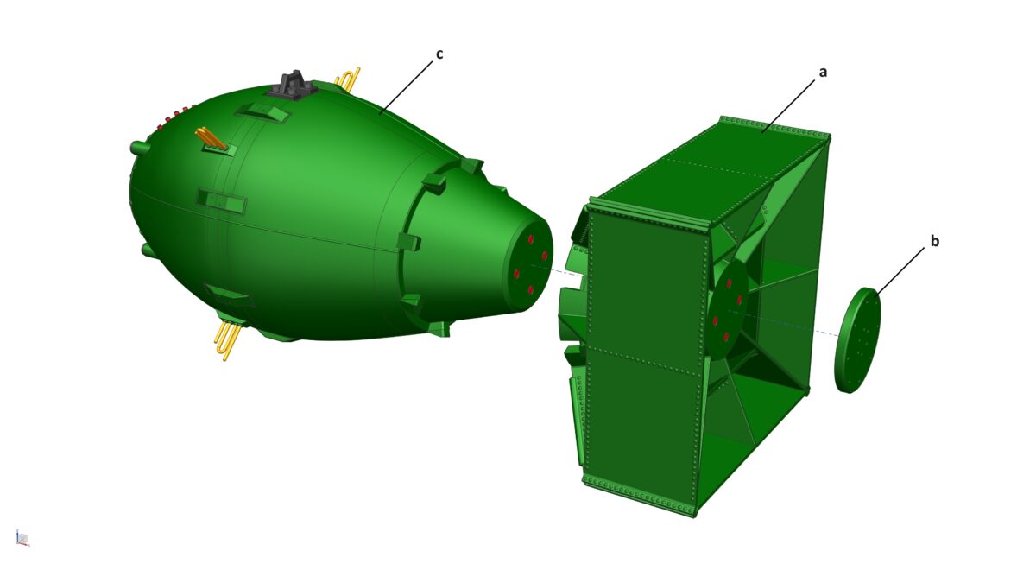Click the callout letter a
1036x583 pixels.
point(823,73)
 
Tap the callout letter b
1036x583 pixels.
point(934,242)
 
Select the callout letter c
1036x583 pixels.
point(439,54)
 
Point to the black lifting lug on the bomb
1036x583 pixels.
point(292,86)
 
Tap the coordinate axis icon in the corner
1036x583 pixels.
point(22,538)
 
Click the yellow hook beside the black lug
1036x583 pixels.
point(347,79)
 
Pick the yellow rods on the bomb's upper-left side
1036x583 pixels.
point(211,138)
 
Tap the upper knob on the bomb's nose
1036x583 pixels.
point(136,147)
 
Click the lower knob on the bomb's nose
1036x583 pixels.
point(146,250)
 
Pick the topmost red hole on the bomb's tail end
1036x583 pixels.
point(530,239)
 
